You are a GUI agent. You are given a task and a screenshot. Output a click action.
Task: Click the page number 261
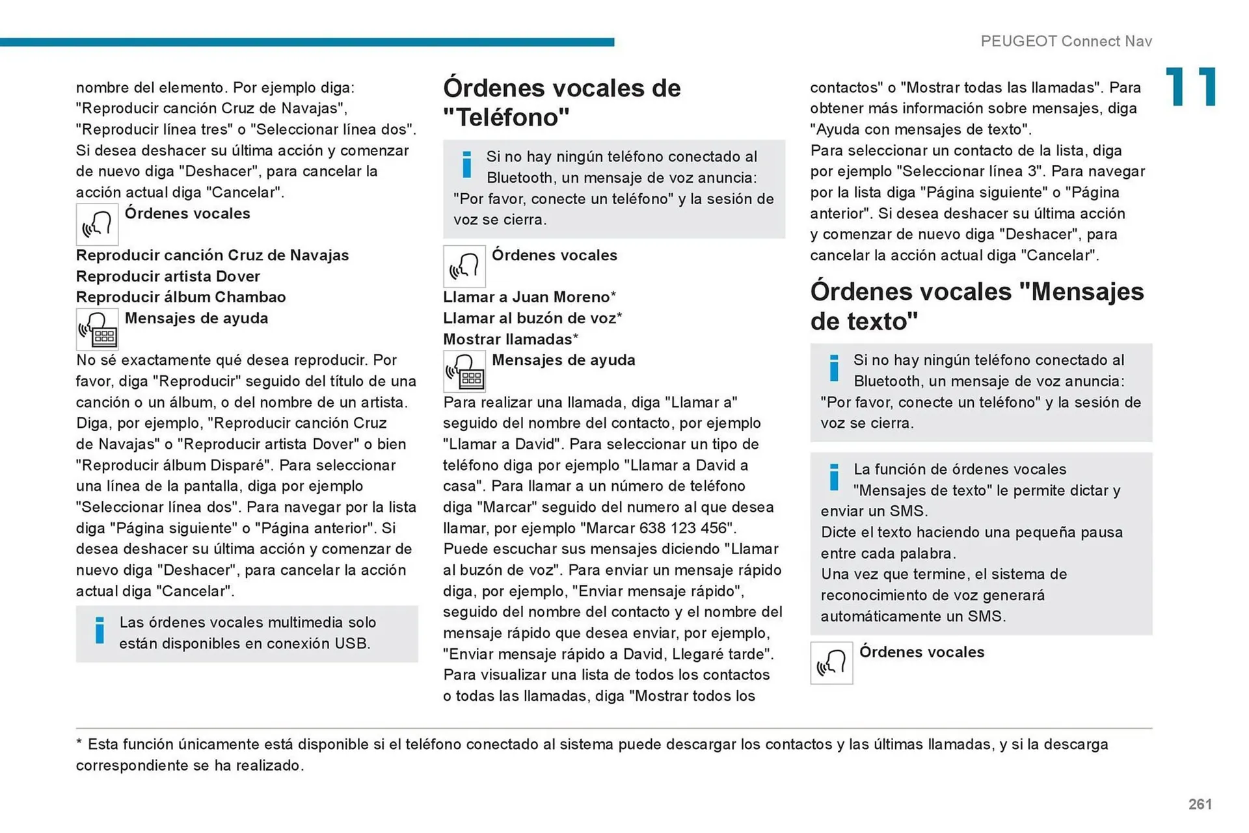point(1200,804)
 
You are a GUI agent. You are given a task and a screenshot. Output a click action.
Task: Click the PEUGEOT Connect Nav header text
point(1066,41)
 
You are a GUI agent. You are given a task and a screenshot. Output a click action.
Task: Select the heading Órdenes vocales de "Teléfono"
point(561,102)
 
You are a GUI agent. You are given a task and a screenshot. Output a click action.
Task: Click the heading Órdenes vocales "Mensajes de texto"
point(976,306)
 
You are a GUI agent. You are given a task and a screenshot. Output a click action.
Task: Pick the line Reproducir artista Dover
point(168,276)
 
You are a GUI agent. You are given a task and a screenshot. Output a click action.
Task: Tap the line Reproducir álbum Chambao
point(181,297)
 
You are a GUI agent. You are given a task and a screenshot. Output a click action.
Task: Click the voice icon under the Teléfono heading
point(464,267)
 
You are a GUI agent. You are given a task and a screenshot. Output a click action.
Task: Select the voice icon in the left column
point(97,224)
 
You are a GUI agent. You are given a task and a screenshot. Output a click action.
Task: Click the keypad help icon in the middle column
point(464,371)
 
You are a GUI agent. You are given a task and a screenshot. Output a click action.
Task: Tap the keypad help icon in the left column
point(97,330)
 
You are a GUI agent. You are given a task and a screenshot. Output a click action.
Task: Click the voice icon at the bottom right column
point(831,663)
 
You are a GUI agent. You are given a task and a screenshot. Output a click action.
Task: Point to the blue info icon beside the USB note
point(100,630)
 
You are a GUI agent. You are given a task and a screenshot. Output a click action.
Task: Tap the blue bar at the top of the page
point(306,42)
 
